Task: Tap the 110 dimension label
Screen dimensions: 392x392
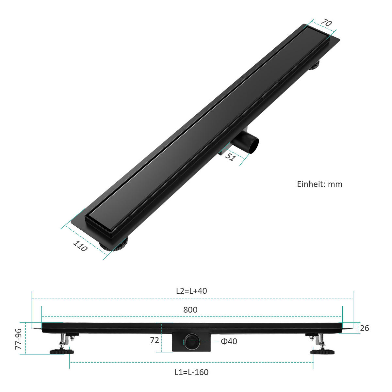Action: (x=80, y=246)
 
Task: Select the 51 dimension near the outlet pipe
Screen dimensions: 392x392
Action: (x=230, y=157)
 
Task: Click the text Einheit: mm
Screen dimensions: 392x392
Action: (x=319, y=184)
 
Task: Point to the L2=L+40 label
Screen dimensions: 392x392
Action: (x=191, y=291)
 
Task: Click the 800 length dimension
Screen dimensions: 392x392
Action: (x=190, y=310)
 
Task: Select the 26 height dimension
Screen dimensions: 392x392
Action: (x=364, y=328)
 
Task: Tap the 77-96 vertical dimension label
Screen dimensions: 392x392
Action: (x=19, y=339)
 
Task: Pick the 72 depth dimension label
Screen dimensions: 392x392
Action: (x=155, y=340)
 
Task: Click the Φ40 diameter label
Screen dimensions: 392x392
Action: (x=229, y=341)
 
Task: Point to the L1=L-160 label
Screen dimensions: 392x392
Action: (x=191, y=372)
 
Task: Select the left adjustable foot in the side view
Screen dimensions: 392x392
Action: (x=62, y=351)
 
